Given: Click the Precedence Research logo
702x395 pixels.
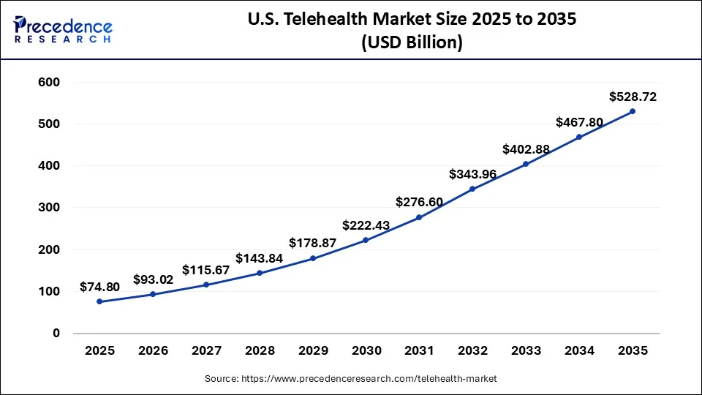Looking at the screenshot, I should [63, 29].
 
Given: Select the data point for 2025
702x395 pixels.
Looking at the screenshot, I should [99, 301].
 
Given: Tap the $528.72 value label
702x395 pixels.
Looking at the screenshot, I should [633, 97].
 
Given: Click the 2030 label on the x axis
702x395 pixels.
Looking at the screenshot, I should [366, 351].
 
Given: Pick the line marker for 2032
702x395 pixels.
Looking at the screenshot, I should [472, 189].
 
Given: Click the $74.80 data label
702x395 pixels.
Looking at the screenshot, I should [99, 287].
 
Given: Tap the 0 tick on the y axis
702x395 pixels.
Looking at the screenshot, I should [56, 334].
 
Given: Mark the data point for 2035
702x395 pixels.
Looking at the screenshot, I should [633, 111].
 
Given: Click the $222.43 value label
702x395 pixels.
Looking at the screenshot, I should [366, 225].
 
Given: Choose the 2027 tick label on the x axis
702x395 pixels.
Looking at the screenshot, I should [206, 351].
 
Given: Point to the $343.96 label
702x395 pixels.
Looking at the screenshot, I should [472, 174].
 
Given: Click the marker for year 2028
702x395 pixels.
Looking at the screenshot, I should [260, 273].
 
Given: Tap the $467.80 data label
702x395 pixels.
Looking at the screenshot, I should [579, 122].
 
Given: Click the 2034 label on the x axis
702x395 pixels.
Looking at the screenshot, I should [579, 351].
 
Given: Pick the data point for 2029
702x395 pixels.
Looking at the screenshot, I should [313, 258].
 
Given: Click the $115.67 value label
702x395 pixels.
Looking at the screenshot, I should [206, 270].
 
